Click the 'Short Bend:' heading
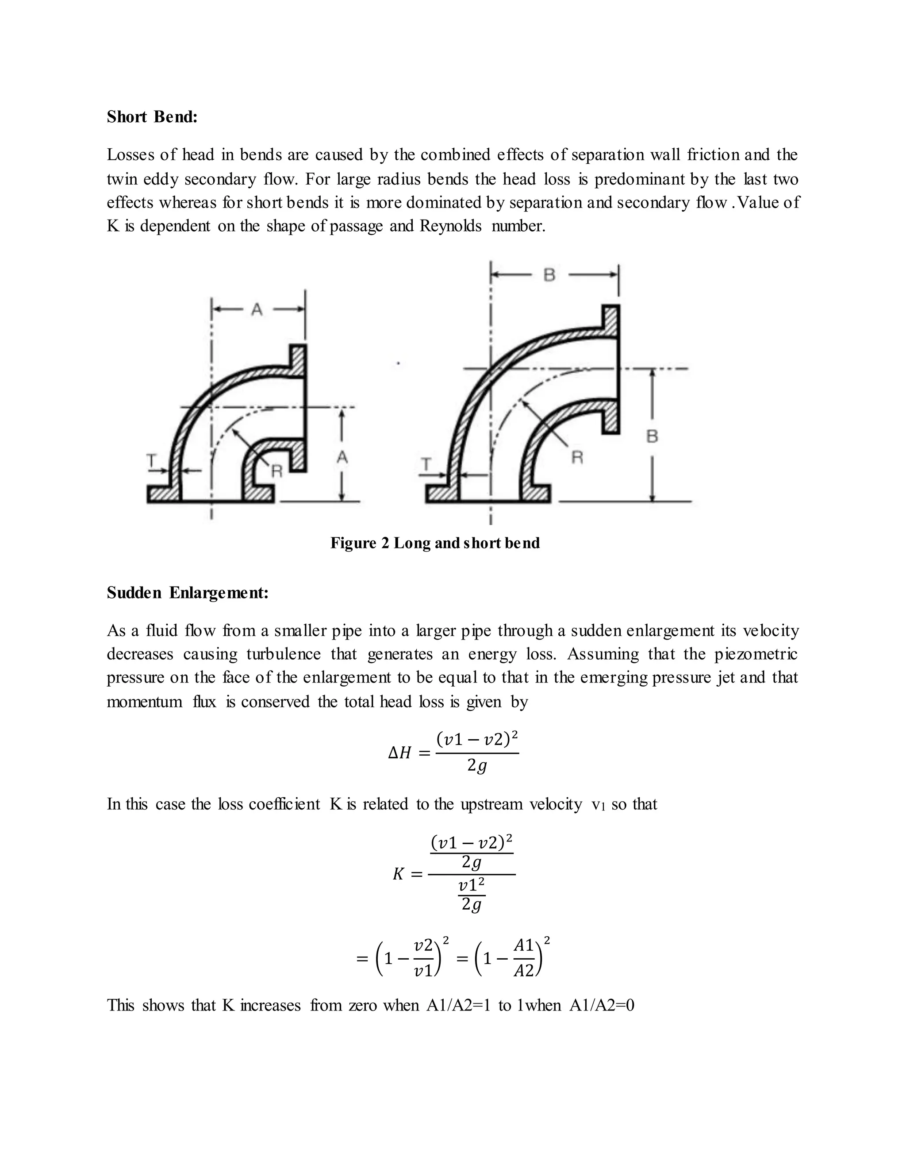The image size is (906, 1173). coord(152,116)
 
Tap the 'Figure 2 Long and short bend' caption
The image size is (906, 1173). coord(435,543)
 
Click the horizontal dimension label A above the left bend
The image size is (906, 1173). coord(257,309)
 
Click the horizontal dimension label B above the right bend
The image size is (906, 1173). coord(549,275)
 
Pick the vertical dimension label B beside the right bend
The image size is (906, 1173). coord(652,436)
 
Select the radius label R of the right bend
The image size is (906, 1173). coord(577,458)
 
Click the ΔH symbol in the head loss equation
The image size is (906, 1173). coord(400,753)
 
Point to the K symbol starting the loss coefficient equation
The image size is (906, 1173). coord(398,874)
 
